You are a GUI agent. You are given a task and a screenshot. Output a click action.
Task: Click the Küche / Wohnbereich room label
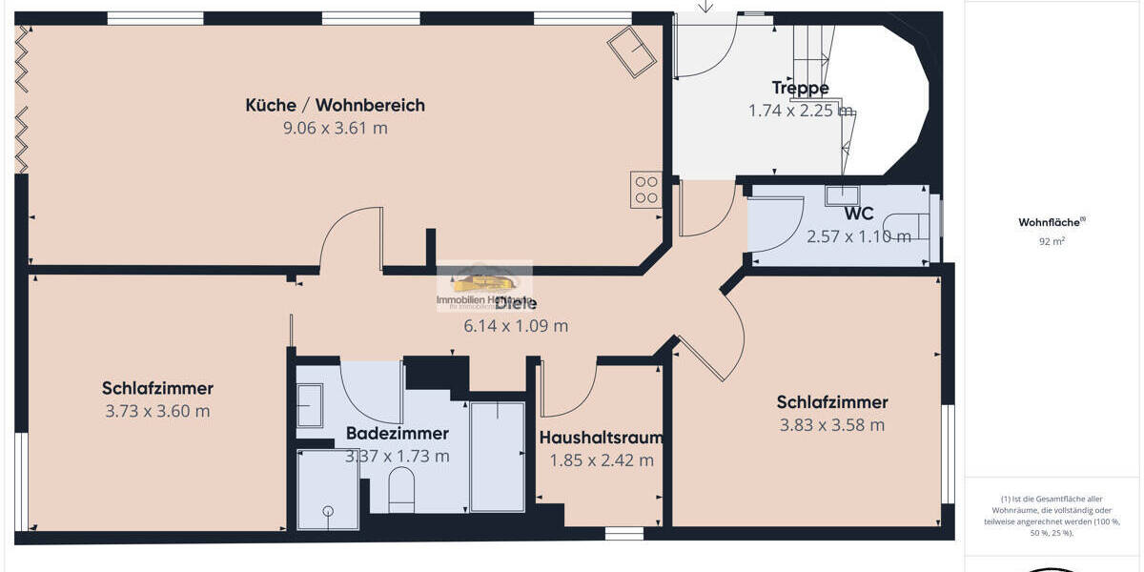tap(335, 106)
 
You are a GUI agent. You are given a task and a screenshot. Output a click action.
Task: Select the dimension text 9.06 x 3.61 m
tap(335, 129)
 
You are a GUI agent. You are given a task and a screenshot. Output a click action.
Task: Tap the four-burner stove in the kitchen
tap(645, 190)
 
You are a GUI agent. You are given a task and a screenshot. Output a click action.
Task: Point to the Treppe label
tap(800, 89)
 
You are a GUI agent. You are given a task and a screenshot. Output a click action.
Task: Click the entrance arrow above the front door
tap(705, 7)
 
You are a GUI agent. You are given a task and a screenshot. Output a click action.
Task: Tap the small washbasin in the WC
tap(844, 195)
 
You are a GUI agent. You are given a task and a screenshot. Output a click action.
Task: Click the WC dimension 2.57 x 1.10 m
tap(858, 236)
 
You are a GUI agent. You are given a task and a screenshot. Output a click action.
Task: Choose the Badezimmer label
tap(397, 434)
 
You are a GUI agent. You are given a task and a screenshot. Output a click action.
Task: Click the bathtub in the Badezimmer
tap(497, 456)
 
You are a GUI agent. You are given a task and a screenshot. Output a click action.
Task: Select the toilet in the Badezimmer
tap(401, 489)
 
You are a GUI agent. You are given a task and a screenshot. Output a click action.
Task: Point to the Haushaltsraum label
tap(601, 439)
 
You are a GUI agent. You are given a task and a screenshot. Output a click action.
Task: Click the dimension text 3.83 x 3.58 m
tap(831, 425)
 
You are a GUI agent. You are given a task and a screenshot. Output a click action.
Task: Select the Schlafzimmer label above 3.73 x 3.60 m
tap(157, 389)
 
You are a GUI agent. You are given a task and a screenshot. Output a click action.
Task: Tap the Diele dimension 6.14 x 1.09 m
tap(515, 326)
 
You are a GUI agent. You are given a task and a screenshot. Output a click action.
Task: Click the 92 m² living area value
tap(1052, 242)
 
